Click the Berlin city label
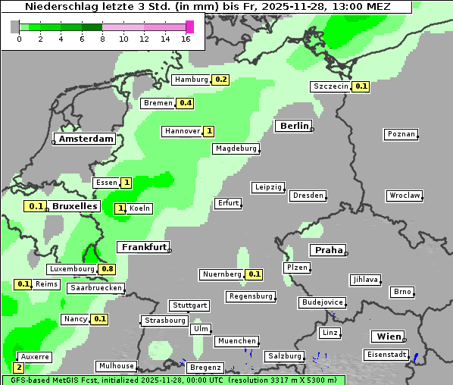[294, 126]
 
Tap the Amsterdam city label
[86, 139]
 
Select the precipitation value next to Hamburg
[220, 80]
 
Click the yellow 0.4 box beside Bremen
[185, 103]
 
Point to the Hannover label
[183, 131]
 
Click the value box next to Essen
[126, 183]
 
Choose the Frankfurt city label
[143, 247]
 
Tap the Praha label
[328, 250]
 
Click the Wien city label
[386, 336]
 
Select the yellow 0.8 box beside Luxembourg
[107, 269]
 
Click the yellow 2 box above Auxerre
[19, 367]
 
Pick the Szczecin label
[331, 86]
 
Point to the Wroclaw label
[404, 196]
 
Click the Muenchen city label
[236, 341]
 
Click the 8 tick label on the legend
[102, 39]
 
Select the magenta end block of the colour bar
[189, 27]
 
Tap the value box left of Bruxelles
[35, 206]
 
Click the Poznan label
[401, 134]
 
